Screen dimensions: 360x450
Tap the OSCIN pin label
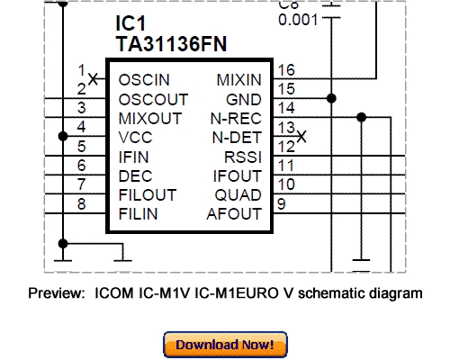[144, 80]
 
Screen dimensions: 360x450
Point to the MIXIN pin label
[238, 80]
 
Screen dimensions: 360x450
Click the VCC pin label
[137, 137]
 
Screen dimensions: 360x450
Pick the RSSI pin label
[242, 156]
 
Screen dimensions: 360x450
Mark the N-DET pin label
[237, 137]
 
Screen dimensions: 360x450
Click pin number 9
[282, 204]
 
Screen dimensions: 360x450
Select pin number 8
[82, 204]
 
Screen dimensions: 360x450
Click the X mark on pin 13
[301, 137]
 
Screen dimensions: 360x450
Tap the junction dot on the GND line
[332, 98]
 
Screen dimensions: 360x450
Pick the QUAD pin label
[238, 194]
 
